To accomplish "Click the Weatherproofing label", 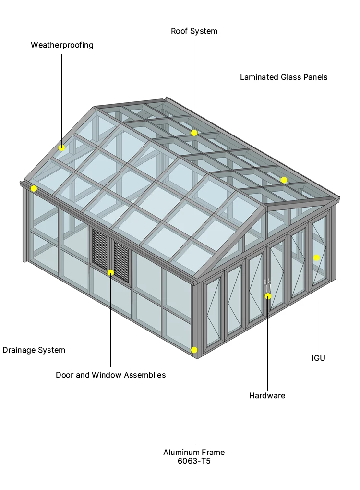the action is click(x=62, y=45).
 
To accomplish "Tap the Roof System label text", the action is click(x=194, y=31).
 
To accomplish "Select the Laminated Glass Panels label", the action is click(x=284, y=77).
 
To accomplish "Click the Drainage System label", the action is click(x=34, y=350).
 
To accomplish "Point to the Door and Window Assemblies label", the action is click(x=110, y=375).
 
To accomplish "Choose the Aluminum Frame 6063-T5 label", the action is click(x=194, y=456).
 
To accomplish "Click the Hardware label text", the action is click(x=267, y=396).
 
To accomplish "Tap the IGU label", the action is click(x=318, y=358).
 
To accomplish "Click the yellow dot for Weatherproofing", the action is click(x=62, y=147).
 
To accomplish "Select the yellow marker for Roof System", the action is click(x=194, y=133).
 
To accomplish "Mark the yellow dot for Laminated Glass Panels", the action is click(x=284, y=180).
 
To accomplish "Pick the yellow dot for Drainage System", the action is click(x=34, y=188).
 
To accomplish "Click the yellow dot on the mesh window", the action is click(x=110, y=272).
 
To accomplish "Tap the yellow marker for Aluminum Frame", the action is click(x=194, y=350).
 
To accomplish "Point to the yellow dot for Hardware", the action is click(x=268, y=296).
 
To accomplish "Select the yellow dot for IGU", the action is click(x=316, y=257).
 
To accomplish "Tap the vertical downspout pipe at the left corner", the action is click(x=24, y=226).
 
